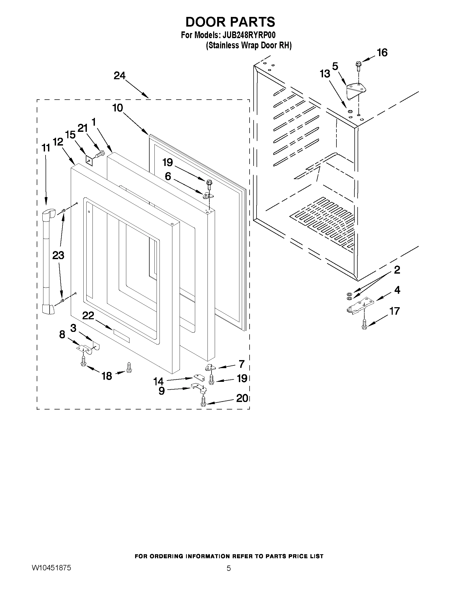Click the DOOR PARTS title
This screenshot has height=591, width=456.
coord(230,22)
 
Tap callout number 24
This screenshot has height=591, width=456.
coord(119,76)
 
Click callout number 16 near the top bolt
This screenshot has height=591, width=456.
coord(382,53)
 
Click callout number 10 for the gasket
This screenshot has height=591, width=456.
coord(118,108)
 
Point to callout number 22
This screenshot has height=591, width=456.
coord(88,316)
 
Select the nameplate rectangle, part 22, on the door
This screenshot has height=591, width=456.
coord(121,336)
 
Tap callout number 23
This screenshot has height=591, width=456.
coord(58,255)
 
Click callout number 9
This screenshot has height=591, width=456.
coord(162,391)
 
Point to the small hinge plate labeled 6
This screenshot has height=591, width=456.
coord(208,195)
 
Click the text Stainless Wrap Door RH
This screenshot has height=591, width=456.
coord(249,45)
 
